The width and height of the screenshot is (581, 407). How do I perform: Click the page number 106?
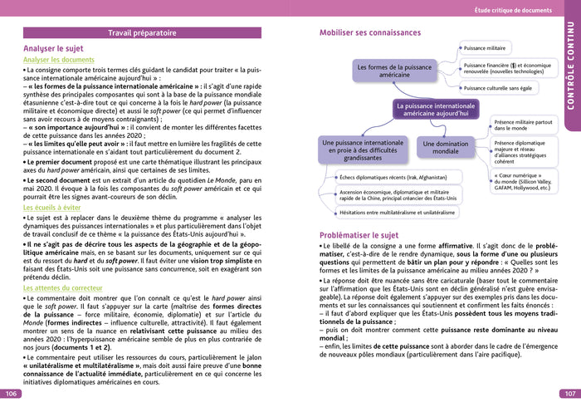11,394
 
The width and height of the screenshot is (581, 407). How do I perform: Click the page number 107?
569,394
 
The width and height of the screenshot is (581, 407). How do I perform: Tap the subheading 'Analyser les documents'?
58,60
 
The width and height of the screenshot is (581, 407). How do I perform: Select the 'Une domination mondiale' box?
446,148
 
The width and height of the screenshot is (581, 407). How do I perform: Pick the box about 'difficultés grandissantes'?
362,150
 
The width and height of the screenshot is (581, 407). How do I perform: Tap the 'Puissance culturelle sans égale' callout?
498,87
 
